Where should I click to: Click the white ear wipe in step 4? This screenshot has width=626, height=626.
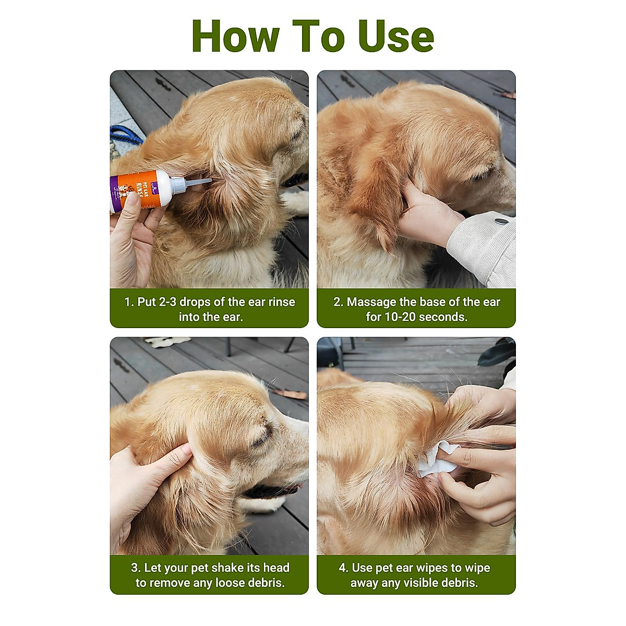point(437,459)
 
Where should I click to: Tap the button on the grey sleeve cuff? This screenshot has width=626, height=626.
point(501,222)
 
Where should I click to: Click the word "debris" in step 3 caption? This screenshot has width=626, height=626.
point(266,583)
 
